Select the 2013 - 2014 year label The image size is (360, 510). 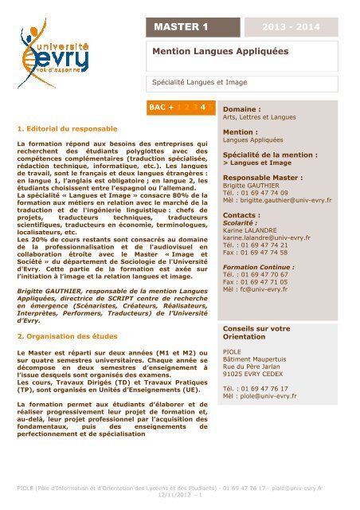(308, 27)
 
